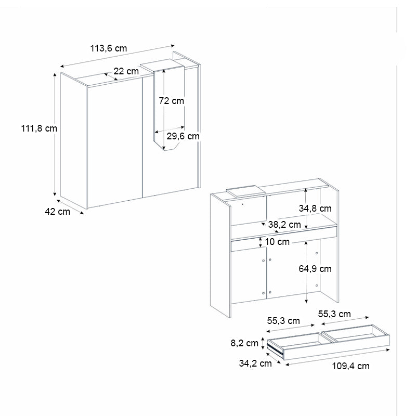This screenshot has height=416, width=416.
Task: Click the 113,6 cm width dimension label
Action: [x=108, y=48]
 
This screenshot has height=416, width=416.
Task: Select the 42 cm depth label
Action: [x=57, y=212]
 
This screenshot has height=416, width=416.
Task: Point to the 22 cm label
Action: [x=126, y=71]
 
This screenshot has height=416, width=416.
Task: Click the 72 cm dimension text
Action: [x=171, y=101]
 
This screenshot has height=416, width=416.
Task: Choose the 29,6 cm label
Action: [x=183, y=136]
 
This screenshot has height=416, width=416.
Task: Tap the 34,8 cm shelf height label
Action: [x=315, y=209]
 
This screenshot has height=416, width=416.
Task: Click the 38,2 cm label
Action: [x=284, y=225]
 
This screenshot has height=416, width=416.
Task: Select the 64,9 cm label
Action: [x=315, y=269]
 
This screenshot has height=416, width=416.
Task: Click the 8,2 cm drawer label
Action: [x=245, y=343]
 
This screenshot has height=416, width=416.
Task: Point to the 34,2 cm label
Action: [x=255, y=363]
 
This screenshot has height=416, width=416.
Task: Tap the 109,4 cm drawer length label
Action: [x=350, y=366]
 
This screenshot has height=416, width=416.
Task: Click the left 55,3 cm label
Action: [x=284, y=321]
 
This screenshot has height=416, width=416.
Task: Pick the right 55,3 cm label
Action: [x=334, y=314]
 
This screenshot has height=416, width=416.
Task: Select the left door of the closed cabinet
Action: [x=114, y=140]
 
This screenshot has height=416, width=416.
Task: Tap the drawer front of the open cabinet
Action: [x=283, y=240]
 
